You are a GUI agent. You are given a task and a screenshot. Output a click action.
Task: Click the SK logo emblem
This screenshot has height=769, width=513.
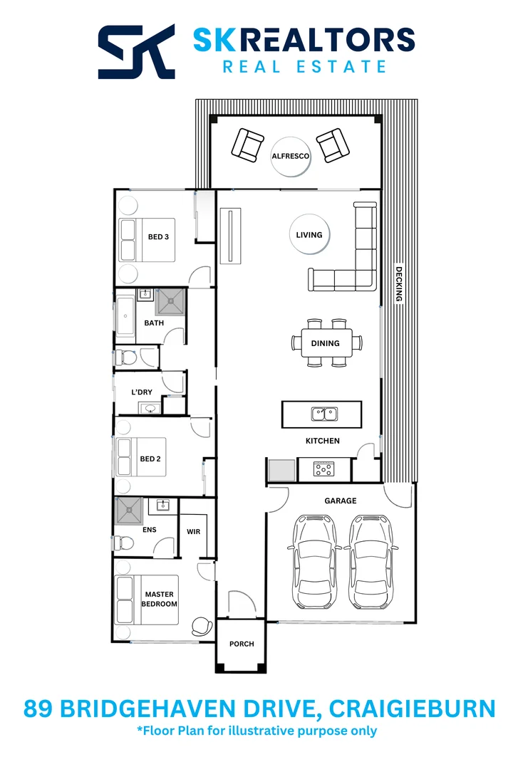pos(136,51)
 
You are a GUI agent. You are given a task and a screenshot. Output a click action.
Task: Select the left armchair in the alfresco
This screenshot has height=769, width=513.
pos(247,145)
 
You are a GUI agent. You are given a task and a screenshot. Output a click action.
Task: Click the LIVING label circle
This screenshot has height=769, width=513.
pos(309,234)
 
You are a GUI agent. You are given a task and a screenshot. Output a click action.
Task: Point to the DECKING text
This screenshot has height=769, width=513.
pos(399,284)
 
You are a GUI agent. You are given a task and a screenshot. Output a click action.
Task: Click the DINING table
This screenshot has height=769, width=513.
pos(326,342)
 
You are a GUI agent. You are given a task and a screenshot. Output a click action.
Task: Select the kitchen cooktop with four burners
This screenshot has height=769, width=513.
pos(323,469)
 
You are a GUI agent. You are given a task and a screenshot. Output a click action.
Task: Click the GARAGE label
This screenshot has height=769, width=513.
pos(340,501)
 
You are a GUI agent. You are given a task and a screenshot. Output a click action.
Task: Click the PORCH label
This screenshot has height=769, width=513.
pos(242,644)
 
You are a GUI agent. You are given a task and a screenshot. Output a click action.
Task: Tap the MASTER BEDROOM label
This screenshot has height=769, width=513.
pos(159,599)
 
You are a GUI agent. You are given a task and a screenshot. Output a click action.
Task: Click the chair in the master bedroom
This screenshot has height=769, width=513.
pos(202,626)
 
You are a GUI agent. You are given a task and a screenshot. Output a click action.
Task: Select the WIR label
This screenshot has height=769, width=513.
pos(194,531)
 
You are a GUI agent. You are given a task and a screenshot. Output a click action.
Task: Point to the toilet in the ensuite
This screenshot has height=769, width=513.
pos(124,543)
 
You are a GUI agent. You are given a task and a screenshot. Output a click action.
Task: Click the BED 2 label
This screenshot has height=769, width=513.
pos(150,459)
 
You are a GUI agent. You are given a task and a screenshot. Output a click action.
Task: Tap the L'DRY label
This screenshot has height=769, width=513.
pos(142,392)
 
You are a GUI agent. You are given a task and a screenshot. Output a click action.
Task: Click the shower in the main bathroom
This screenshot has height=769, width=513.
pos(170,301)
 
